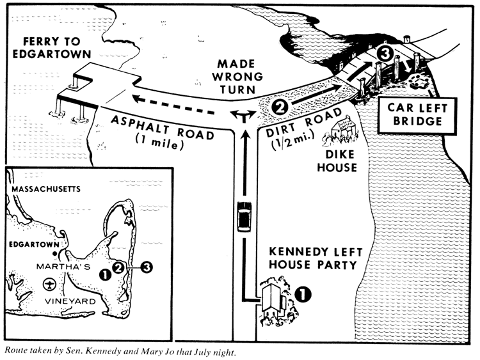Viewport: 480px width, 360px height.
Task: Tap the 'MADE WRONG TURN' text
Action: [240, 75]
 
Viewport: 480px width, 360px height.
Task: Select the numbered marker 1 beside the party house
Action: [302, 293]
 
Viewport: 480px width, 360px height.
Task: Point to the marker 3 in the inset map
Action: [147, 267]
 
